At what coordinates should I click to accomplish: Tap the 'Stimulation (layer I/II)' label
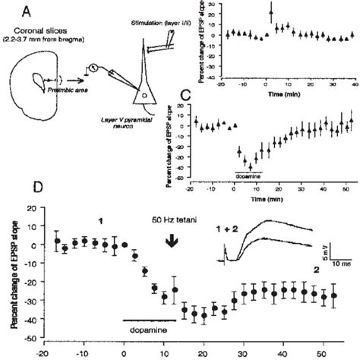pos(159,25)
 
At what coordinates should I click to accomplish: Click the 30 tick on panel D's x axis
pos(242,353)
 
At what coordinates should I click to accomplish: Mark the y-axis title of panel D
pos(14,270)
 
